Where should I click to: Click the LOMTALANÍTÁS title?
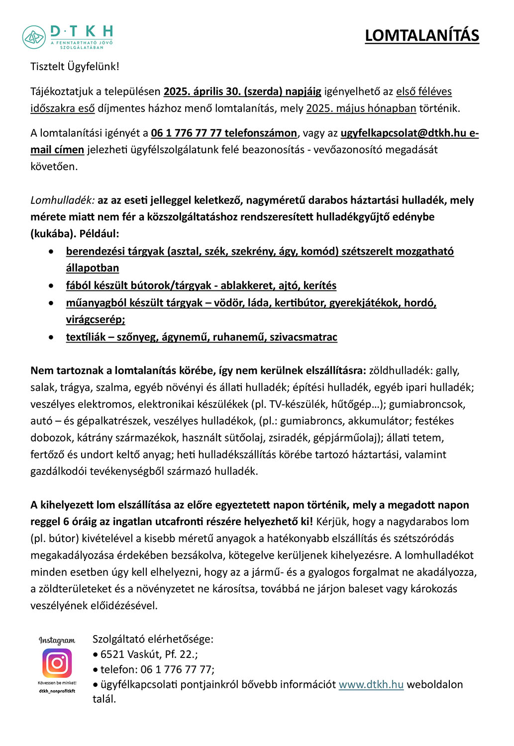click(x=422, y=36)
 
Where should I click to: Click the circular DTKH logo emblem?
click(x=34, y=37)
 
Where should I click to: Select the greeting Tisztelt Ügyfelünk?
click(x=75, y=67)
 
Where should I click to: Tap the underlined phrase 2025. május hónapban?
click(x=361, y=108)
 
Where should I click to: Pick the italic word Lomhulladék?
click(x=62, y=200)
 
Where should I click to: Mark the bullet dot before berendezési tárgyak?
click(x=51, y=252)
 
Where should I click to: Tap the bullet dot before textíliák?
click(x=51, y=338)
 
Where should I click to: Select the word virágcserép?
click(x=96, y=320)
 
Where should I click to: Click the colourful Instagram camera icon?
click(x=57, y=662)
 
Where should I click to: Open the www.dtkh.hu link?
click(x=371, y=685)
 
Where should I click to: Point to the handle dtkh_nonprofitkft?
click(x=57, y=691)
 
